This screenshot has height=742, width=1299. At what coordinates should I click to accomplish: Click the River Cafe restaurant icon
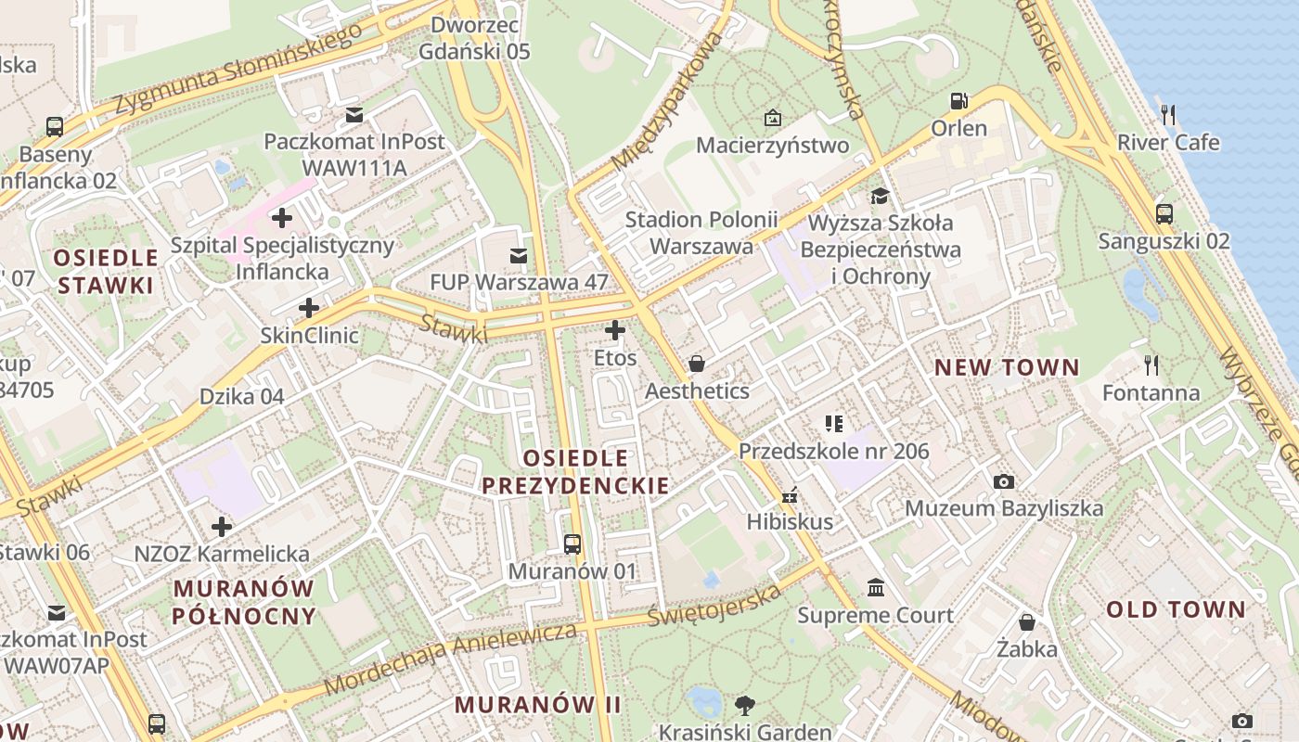point(1168,115)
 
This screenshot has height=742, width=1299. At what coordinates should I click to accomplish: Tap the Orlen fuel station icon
point(958,100)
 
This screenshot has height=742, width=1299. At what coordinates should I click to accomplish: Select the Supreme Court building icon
point(875,587)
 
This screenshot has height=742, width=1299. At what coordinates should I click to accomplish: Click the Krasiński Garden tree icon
point(744,705)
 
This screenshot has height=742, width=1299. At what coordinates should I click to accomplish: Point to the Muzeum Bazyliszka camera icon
point(1003,481)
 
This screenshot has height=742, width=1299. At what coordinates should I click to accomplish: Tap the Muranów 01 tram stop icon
point(572,544)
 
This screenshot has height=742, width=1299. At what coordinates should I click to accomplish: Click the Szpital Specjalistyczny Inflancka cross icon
point(281,219)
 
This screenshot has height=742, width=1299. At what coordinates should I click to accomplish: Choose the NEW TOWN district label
point(1007,367)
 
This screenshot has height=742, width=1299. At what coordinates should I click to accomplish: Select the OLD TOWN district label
point(1176,609)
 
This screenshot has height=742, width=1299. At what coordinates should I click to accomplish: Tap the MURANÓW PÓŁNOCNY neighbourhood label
point(245,602)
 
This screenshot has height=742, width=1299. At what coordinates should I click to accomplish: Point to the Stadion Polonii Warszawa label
point(701,233)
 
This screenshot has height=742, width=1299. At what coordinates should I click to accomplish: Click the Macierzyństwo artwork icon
point(772,118)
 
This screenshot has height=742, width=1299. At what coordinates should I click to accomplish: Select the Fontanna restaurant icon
point(1151,365)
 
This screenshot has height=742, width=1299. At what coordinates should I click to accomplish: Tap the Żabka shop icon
point(1026,621)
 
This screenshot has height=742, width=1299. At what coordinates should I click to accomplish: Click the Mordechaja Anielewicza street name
point(452,659)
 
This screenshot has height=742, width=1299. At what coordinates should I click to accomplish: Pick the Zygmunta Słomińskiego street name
point(238,70)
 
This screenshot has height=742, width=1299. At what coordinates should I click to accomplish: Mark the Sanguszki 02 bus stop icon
point(1164,213)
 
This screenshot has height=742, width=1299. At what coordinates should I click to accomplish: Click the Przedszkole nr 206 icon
point(833,424)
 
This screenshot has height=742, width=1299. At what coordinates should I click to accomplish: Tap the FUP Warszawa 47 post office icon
point(518,254)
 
